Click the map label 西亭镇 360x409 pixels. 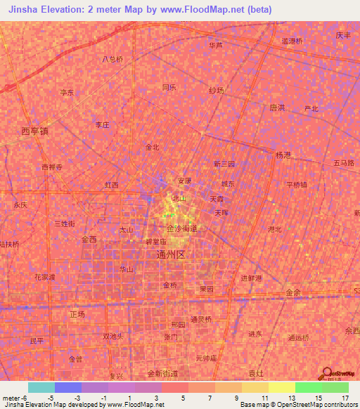(35, 131)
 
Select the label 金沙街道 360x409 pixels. (182, 229)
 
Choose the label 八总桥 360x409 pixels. (112, 59)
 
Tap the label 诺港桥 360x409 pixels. (292, 41)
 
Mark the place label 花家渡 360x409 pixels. (44, 277)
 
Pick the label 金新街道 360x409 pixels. (163, 374)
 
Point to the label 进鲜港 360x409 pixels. (251, 278)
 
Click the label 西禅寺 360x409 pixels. (52, 167)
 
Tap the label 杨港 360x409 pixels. (283, 155)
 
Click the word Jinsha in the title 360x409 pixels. (25, 10)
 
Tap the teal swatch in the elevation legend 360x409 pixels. (41, 387)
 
